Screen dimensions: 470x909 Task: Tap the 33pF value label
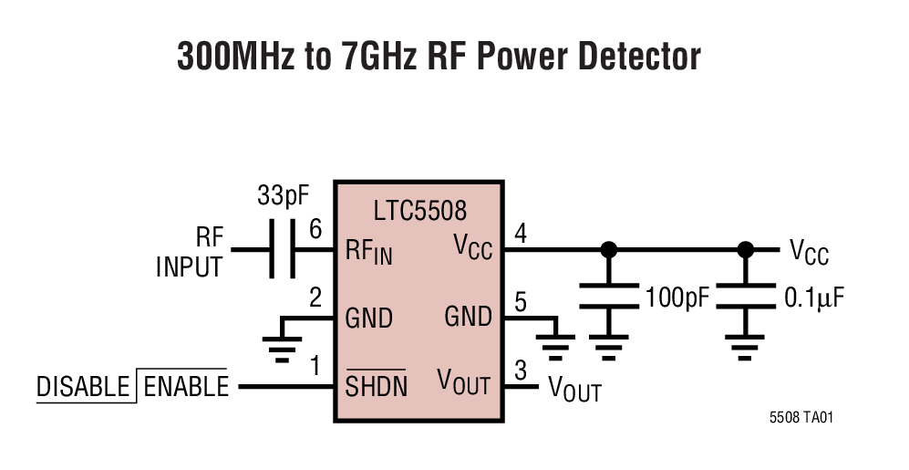pos(284,195)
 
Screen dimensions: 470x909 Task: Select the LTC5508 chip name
pos(418,211)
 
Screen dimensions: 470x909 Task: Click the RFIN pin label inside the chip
pos(368,251)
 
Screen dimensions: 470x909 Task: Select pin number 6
pos(315,230)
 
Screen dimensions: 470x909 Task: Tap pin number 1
pos(315,366)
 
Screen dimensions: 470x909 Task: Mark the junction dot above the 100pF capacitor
pos(609,248)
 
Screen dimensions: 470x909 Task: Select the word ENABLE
pos(186,387)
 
